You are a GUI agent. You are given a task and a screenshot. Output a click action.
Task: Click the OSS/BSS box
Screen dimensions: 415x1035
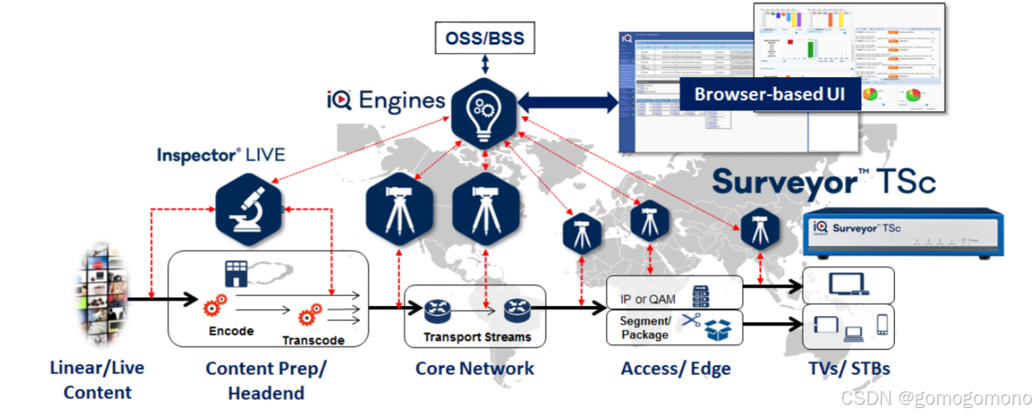tap(484, 37)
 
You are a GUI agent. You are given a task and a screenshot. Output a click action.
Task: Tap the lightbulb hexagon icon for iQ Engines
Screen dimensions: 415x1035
tap(484, 110)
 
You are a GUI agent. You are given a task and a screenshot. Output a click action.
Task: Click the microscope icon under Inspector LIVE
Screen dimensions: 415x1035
tap(247, 208)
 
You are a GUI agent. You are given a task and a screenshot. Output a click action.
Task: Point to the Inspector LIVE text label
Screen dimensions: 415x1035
tap(221, 154)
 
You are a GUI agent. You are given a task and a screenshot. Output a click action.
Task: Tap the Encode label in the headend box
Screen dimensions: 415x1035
tap(231, 331)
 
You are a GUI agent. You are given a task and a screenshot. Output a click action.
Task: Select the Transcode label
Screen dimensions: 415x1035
tap(313, 340)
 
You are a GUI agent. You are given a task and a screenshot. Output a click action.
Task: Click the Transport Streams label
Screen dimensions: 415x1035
tap(477, 337)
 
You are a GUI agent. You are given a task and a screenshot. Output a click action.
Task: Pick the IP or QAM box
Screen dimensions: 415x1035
tap(673, 292)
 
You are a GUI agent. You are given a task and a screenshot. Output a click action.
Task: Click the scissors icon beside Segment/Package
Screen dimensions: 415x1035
tap(691, 320)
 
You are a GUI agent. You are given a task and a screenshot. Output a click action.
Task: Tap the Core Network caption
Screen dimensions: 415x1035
tap(474, 368)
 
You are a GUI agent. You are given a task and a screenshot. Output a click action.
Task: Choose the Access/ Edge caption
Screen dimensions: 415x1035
tap(676, 368)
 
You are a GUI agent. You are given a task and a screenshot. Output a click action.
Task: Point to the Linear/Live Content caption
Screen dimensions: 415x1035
tap(97, 379)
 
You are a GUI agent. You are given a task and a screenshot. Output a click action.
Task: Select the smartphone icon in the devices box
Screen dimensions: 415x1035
tap(882, 324)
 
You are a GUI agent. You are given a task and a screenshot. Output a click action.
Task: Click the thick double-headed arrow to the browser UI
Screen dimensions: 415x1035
tap(568, 101)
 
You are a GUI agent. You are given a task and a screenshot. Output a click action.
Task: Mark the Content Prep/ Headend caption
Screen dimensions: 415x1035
tap(266, 380)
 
